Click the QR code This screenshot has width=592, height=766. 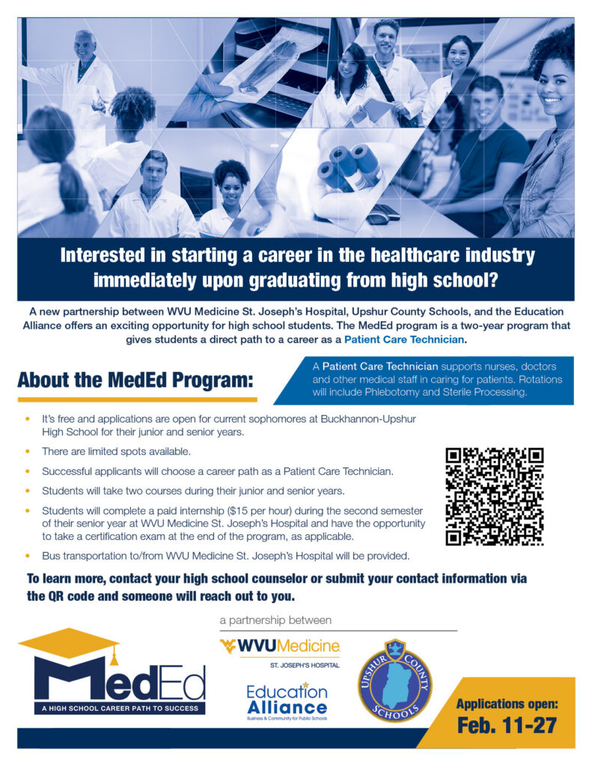click(x=494, y=497)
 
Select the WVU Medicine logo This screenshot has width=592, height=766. click(x=279, y=646)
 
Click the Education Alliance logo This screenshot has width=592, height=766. click(x=287, y=700)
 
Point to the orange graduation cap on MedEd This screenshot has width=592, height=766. click(x=69, y=644)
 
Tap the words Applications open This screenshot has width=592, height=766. click(x=507, y=704)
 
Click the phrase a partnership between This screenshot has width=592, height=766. click(x=275, y=620)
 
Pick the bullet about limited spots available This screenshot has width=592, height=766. click(x=106, y=452)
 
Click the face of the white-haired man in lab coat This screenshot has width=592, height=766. click(x=84, y=46)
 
